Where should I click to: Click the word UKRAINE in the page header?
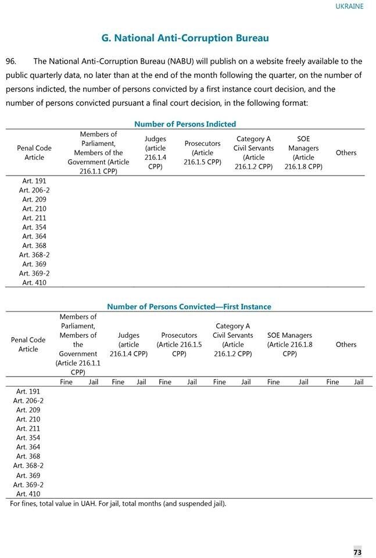[349, 6]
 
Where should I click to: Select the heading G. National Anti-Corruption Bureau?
[185, 38]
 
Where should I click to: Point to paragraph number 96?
[10, 61]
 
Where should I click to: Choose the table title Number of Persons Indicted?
[185, 124]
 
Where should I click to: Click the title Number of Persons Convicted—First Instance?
[189, 306]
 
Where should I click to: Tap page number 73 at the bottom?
[357, 552]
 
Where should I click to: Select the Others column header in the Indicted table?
[346, 152]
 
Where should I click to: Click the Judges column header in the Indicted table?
[155, 152]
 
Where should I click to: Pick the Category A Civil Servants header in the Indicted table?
[253, 152]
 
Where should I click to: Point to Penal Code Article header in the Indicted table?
[34, 152]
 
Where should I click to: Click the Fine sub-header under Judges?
[118, 382]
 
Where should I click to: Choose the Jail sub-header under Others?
[359, 382]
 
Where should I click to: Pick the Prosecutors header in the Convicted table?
[179, 344]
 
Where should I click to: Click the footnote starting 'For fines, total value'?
[118, 503]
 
